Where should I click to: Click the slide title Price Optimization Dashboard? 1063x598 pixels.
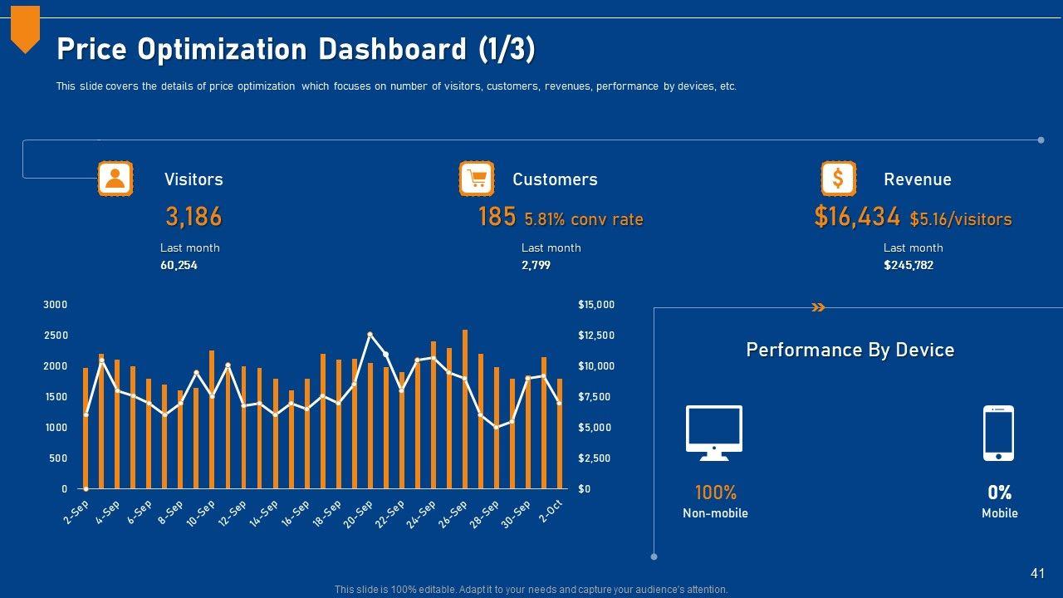296,50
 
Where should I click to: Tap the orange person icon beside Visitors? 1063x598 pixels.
115,179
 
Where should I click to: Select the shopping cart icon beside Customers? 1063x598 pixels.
477,179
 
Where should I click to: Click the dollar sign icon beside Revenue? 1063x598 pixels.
838,179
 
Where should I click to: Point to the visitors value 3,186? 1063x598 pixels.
193,217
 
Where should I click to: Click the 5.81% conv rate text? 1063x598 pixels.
584,219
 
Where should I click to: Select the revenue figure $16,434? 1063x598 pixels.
857,217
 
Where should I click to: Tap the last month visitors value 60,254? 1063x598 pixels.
179,266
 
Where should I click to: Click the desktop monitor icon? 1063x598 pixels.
714,432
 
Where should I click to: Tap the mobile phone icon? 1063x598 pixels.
998,433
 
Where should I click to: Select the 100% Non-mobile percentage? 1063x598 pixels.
715,493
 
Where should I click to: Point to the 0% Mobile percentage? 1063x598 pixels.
999,493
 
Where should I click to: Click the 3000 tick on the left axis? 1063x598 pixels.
55,305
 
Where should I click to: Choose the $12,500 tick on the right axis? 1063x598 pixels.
596,336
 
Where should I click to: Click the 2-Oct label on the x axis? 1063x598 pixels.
551,512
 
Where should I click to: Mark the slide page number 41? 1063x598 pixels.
1037,573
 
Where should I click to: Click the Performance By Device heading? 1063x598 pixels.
850,350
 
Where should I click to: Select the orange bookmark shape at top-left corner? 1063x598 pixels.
25,28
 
